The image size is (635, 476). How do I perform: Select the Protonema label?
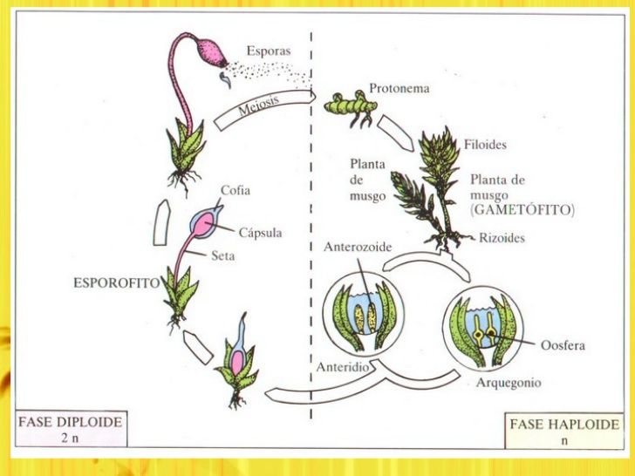point(398,88)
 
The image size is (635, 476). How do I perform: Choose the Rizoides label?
point(502,237)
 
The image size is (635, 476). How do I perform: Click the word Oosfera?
point(563,345)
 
